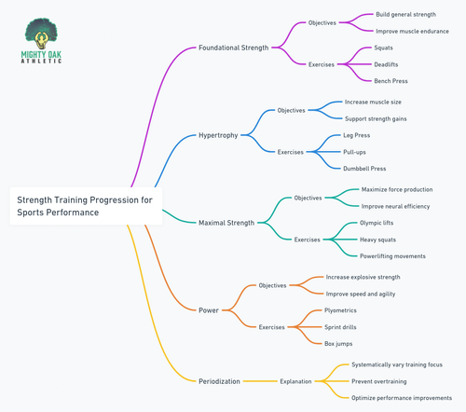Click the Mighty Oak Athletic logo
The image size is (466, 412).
tap(41, 41)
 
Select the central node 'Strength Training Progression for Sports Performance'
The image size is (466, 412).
tap(86, 206)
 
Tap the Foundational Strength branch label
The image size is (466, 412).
tap(234, 48)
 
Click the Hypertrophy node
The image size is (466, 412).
tap(218, 135)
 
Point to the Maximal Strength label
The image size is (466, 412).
tap(226, 223)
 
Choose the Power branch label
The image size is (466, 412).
tap(209, 310)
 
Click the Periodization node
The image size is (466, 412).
tap(219, 381)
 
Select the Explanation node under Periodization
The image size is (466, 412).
tap(295, 381)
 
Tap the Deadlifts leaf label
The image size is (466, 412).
tap(386, 64)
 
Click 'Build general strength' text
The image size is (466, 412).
tap(406, 14)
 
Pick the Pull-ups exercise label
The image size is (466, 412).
tap(354, 152)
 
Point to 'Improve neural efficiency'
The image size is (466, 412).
tap(395, 206)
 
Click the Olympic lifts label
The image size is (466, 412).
tap(377, 223)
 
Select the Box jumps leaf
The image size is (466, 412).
tap(338, 344)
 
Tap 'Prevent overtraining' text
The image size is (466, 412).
tap(379, 381)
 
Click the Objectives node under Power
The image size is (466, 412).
tap(272, 285)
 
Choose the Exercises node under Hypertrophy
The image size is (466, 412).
tap(291, 152)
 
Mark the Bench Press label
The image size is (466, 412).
tap(391, 81)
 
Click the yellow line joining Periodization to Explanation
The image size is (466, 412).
tap(260, 381)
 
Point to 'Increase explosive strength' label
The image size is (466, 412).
tap(363, 277)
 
